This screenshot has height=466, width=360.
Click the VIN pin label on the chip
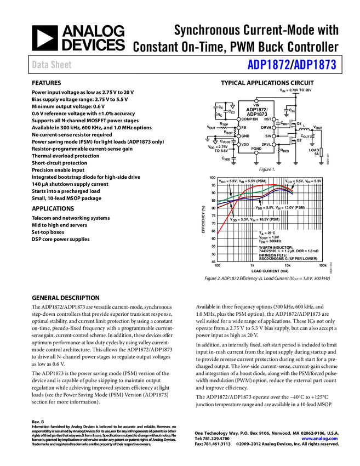pyautogui.click(x=256, y=105)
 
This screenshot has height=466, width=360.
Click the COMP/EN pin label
pyautogui.click(x=249, y=119)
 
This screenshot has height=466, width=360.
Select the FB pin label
pyautogui.click(x=244, y=127)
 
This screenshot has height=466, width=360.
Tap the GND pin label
pyautogui.click(x=245, y=136)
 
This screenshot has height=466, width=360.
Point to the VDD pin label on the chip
pyautogui.click(x=245, y=144)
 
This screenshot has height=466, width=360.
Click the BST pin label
pyautogui.click(x=267, y=119)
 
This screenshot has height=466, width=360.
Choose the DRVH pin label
pyautogui.click(x=266, y=127)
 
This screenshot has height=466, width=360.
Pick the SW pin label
pyautogui.click(x=268, y=136)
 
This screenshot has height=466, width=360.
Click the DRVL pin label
pyautogui.click(x=266, y=144)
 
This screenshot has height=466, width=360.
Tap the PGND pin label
pyautogui.click(x=256, y=149)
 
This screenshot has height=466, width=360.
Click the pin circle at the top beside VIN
pyautogui.click(x=256, y=101)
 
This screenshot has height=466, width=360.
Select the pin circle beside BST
pyautogui.click(x=274, y=119)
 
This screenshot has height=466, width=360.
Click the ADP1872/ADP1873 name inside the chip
pyautogui.click(x=256, y=112)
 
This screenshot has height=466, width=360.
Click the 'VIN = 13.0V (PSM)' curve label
pyautogui.click(x=280, y=208)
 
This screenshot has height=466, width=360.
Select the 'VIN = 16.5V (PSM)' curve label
pyautogui.click(x=256, y=219)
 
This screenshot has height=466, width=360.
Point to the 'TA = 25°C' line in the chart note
pyautogui.click(x=267, y=233)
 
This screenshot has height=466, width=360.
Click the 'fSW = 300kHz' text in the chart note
pyautogui.click(x=269, y=241)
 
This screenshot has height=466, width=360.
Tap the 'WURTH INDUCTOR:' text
pyautogui.click(x=276, y=247)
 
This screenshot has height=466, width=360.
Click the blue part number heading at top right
pyautogui.click(x=292, y=65)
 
